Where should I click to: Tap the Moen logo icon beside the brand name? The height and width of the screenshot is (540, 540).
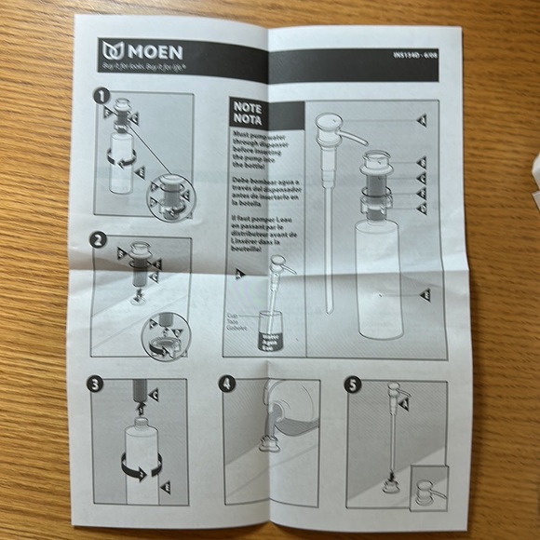pyautogui.click(x=114, y=50)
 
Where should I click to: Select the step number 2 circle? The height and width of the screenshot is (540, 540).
pyautogui.click(x=98, y=239)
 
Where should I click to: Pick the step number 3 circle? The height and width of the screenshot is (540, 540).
pyautogui.click(x=96, y=384)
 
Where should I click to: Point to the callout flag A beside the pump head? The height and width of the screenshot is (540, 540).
pyautogui.click(x=421, y=120)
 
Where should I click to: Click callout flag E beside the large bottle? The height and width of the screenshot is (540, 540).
pyautogui.click(x=425, y=294)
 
